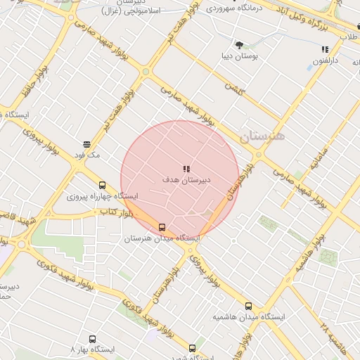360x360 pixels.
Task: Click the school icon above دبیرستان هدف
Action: point(186,169)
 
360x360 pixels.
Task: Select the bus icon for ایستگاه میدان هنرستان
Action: point(162,227)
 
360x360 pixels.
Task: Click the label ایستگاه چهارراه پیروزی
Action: point(103,196)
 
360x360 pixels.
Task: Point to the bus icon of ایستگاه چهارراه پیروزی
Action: point(103,185)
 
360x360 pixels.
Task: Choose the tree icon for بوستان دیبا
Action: point(240,44)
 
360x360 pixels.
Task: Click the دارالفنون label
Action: point(324,60)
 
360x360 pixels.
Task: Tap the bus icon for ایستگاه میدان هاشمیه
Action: point(248,306)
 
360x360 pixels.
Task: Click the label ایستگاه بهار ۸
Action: point(93,349)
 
